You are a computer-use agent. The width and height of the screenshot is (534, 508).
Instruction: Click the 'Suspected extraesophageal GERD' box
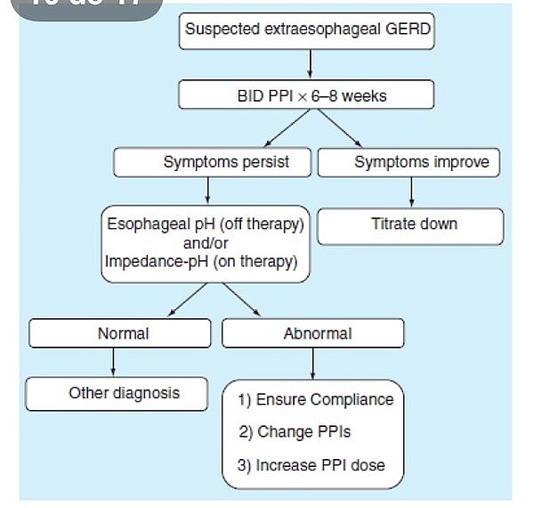click(308, 30)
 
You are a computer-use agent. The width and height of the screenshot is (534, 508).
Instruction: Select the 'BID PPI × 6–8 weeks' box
click(307, 94)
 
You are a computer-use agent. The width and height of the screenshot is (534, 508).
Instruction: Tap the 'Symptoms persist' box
click(214, 163)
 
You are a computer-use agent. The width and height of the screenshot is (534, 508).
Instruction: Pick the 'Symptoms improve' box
click(409, 163)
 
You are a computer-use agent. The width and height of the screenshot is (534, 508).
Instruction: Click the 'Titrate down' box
click(410, 225)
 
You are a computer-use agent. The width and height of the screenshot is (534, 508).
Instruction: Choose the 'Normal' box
click(123, 333)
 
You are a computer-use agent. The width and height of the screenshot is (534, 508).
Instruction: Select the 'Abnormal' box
click(313, 333)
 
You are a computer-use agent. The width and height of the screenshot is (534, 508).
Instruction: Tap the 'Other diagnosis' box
click(117, 393)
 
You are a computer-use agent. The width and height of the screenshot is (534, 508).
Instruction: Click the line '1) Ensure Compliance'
click(315, 399)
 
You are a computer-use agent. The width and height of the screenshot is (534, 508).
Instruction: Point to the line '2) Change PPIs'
click(295, 432)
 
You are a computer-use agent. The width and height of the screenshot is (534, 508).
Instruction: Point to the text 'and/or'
click(206, 243)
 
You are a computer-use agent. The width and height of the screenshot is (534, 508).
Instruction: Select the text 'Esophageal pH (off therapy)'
click(206, 225)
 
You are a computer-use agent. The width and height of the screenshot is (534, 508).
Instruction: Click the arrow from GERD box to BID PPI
click(308, 64)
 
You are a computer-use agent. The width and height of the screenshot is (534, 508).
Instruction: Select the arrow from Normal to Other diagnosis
click(114, 361)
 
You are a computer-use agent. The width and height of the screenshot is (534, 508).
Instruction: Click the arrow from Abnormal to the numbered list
click(312, 363)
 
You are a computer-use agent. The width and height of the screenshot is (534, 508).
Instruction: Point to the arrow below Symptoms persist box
click(206, 191)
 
